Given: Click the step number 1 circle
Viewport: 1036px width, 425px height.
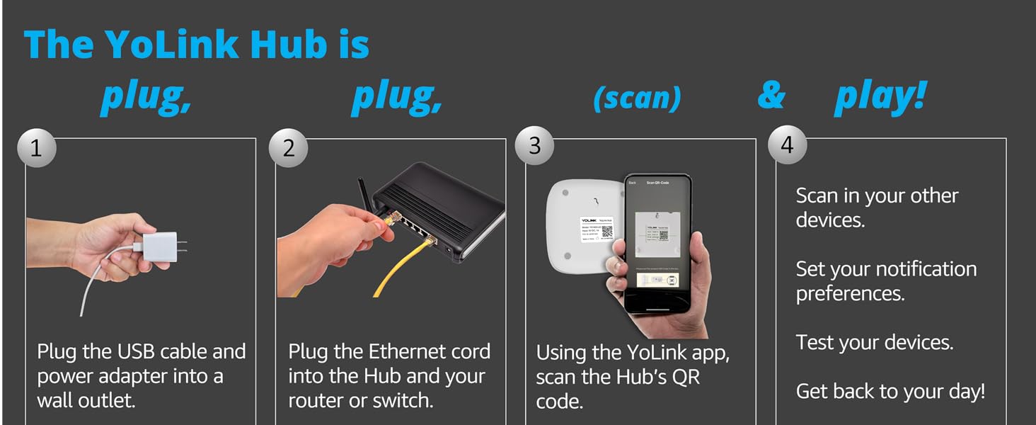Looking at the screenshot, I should click(x=36, y=148).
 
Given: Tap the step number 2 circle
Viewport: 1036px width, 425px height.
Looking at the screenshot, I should click(x=288, y=148).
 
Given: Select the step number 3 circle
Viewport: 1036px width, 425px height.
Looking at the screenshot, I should click(x=535, y=145).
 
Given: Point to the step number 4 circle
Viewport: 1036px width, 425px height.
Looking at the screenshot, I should click(x=787, y=145).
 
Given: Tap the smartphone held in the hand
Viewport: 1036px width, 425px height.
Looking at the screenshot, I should click(x=657, y=241).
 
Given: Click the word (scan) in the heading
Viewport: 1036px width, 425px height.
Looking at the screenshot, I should click(x=637, y=98).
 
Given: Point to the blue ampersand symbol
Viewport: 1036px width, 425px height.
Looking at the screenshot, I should click(x=771, y=96).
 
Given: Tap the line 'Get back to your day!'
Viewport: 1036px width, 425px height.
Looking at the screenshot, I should click(x=890, y=391).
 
